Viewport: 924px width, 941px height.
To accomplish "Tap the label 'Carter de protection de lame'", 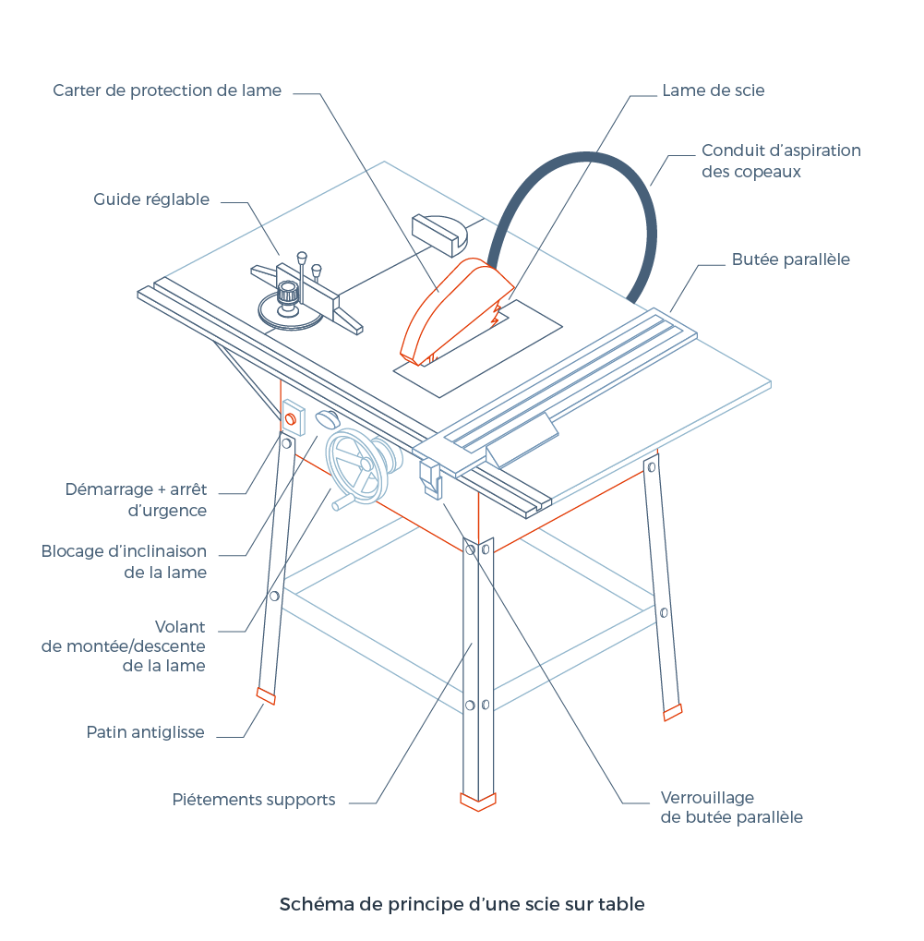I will point(167,90).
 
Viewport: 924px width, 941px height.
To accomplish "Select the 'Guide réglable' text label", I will point(151,199).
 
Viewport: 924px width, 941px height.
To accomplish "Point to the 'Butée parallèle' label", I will point(790,259).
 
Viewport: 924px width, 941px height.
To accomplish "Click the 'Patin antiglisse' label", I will point(145,732).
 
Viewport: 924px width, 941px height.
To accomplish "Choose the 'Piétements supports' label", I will point(254,800).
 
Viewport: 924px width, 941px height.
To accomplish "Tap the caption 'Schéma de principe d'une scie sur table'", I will point(462,904).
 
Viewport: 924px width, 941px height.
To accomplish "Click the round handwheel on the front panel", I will point(353,467).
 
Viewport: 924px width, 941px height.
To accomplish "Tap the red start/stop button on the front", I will point(291,421).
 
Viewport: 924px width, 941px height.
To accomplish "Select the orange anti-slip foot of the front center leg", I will point(478,802).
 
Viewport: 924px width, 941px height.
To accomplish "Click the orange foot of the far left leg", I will point(266,696).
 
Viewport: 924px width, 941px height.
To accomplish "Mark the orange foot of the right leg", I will point(673,712).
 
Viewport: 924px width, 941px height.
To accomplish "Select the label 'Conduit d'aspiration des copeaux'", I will point(780,161).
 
